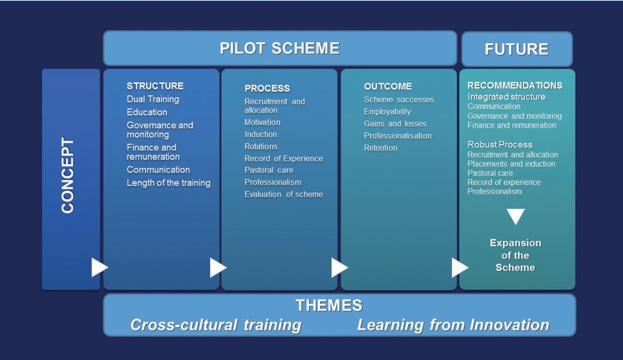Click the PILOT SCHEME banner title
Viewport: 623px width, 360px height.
[280, 48]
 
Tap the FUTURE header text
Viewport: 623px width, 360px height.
[516, 49]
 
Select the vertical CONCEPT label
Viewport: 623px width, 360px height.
[67, 175]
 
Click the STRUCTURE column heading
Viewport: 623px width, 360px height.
[155, 86]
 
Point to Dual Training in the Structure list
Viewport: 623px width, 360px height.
[153, 99]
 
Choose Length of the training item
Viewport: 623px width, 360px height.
[168, 183]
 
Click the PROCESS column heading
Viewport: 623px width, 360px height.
[267, 88]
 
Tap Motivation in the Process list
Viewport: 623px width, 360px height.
[262, 122]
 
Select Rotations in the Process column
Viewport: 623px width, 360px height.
[261, 147]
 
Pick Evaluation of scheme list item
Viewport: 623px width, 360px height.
[284, 194]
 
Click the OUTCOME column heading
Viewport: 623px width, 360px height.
[388, 87]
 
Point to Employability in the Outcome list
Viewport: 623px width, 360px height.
[388, 112]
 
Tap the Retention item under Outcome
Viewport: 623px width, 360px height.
[380, 148]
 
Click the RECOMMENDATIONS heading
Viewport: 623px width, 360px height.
[515, 85]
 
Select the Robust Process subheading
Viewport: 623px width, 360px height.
[500, 145]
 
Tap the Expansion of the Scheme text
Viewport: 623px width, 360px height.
[515, 255]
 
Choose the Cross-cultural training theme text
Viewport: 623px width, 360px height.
[216, 325]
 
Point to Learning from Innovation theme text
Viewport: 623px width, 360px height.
[453, 325]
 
